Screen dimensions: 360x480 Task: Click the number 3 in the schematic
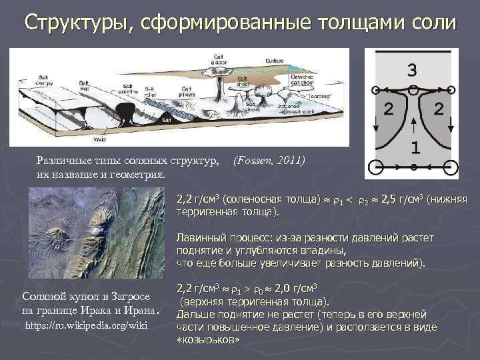[413, 69]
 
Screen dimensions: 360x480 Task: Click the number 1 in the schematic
[414, 147]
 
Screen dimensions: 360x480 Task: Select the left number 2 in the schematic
[387, 109]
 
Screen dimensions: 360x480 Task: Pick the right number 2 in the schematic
[439, 109]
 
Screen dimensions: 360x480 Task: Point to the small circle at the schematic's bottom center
[414, 165]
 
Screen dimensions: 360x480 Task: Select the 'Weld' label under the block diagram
[99, 139]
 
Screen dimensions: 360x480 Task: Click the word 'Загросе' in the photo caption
[134, 295]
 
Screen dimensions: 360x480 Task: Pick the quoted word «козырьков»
[207, 340]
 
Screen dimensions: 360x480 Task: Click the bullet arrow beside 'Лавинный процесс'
[166, 239]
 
